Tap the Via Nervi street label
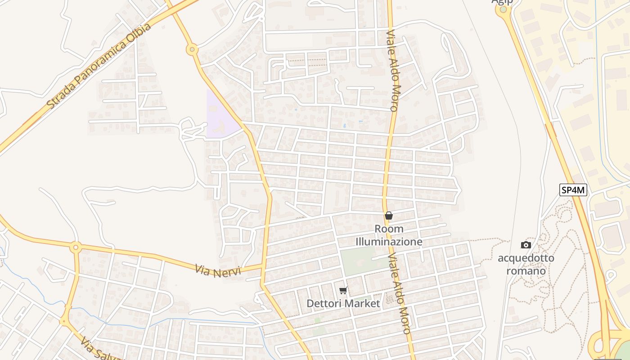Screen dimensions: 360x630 218,270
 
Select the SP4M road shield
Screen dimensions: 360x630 573,190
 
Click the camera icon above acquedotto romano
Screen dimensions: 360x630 526,245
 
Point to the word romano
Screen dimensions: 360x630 526,271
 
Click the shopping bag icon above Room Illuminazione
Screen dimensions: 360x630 389,216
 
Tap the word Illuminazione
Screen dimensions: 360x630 389,242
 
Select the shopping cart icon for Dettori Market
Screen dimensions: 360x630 343,291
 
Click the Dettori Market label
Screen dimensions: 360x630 343,304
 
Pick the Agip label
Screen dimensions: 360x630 502,2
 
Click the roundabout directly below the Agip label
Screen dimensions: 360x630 503,10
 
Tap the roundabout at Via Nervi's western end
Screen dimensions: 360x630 76,247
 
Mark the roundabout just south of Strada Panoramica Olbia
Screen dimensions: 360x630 192,49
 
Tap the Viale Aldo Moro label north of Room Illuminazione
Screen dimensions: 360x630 392,71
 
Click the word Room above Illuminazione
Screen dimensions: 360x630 389,229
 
